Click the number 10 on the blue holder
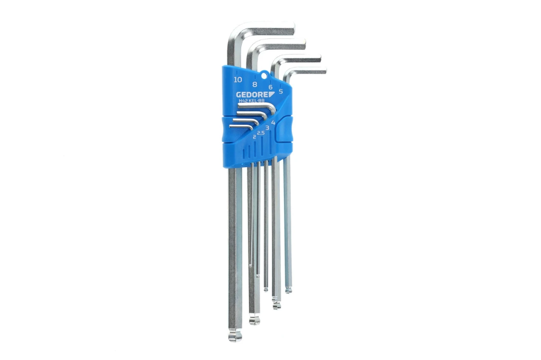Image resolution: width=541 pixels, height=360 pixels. [237, 79]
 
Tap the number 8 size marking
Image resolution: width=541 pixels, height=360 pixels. [255, 84]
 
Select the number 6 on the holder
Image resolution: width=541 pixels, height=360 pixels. [270, 87]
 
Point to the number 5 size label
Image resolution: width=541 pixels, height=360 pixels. [280, 91]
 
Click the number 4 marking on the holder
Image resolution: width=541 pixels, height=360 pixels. [273, 122]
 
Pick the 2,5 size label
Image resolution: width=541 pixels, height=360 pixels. [261, 132]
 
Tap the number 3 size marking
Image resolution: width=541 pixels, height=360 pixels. [267, 128]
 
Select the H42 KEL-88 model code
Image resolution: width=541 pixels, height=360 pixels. [252, 101]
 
